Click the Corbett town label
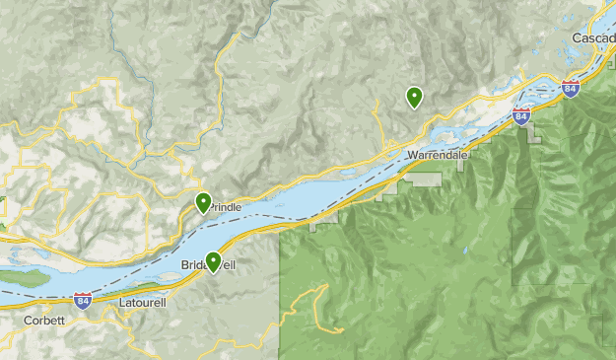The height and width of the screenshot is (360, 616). (44, 321)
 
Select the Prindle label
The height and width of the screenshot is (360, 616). (225, 207)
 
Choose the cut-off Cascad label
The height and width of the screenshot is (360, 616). (593, 37)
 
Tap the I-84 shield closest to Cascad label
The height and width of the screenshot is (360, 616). (571, 89)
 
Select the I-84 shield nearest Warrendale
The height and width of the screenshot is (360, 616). (521, 117)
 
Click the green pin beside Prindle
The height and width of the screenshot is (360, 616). (203, 203)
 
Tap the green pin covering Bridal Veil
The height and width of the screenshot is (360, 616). (213, 261)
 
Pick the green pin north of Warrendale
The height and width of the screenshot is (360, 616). (414, 97)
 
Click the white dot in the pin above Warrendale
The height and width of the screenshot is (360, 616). (414, 95)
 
